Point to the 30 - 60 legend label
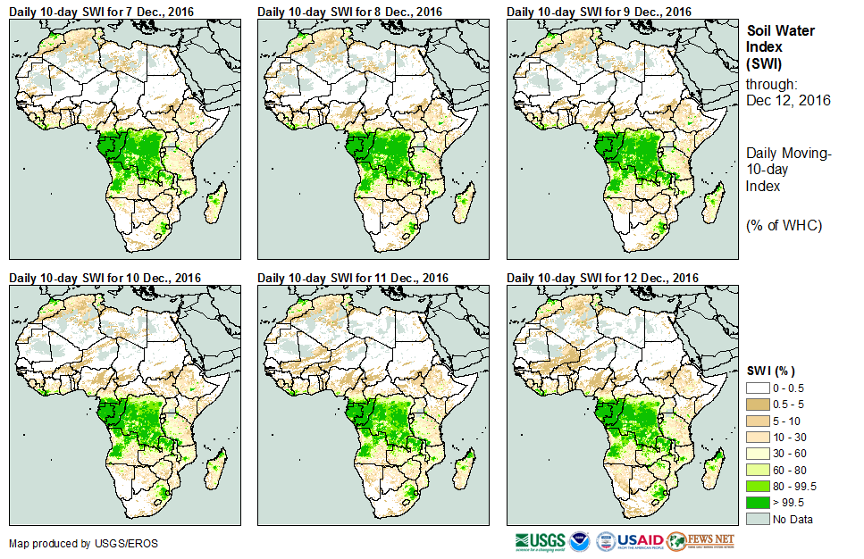coord(791,454)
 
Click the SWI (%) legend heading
coord(770,371)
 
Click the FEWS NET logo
coord(701,541)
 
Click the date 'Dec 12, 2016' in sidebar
coord(788,101)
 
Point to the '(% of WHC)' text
coord(783,225)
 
